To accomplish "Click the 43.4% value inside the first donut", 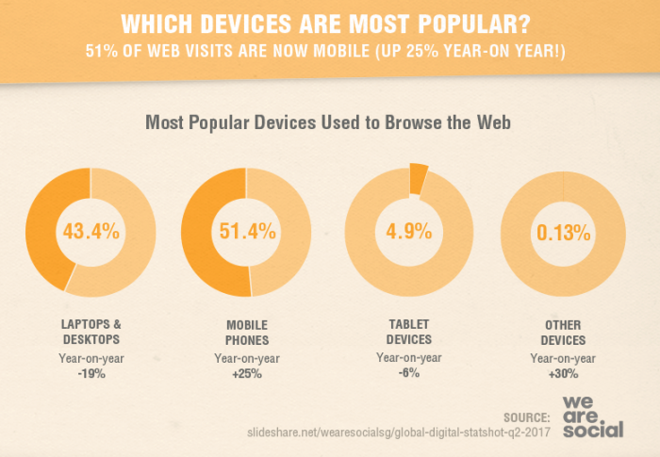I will [91, 231].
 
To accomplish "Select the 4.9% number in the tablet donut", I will [407, 231].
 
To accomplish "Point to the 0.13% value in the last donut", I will [563, 231].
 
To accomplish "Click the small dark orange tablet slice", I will [418, 179].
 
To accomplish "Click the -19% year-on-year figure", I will [91, 374].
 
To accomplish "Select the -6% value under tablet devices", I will [408, 372].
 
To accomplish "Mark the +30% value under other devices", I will [562, 374].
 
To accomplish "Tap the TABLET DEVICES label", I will [408, 331].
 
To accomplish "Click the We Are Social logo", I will [592, 415].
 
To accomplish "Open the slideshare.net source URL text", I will [398, 432].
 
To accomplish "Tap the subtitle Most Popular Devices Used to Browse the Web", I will [326, 122].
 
